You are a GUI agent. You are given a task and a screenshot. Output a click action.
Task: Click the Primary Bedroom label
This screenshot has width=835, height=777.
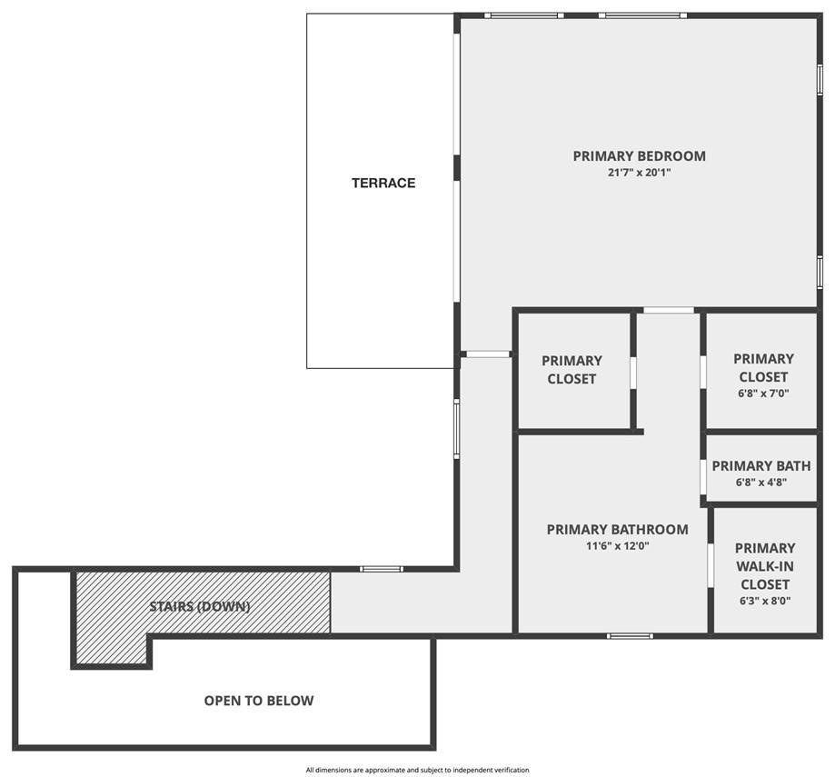(639, 155)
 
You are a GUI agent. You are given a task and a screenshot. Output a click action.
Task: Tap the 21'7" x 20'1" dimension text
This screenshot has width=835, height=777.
(639, 173)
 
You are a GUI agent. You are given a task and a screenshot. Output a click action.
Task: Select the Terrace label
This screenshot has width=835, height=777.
(383, 183)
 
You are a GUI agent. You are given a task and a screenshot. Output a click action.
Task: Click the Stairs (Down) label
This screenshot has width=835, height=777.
(200, 606)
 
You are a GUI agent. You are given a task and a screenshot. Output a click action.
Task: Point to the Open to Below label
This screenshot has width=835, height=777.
(259, 701)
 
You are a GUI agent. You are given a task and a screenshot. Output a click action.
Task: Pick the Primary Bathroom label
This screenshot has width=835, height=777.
(617, 529)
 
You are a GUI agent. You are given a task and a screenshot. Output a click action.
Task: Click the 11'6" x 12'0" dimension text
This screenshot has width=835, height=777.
(617, 546)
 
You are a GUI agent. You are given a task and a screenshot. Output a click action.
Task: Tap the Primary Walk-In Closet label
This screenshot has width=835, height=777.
(764, 565)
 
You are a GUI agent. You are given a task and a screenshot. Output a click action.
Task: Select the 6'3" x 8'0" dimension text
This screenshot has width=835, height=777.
(764, 601)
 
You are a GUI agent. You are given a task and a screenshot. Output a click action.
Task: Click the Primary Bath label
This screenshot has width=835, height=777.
(761, 466)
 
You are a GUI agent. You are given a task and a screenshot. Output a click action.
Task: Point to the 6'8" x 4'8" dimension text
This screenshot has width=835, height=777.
(761, 483)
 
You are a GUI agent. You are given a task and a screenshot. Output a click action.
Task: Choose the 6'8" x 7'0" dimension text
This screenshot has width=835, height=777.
(763, 393)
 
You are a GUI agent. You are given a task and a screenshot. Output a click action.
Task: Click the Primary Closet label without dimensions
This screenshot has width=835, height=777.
(572, 369)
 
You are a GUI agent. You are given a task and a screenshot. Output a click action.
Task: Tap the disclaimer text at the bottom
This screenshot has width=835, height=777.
(417, 770)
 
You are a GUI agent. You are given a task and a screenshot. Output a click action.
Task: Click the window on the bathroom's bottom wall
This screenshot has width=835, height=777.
(630, 635)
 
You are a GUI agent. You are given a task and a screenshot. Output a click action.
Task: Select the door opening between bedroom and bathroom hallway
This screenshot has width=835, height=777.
(669, 311)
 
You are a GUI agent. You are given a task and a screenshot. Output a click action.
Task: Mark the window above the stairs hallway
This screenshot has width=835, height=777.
(382, 569)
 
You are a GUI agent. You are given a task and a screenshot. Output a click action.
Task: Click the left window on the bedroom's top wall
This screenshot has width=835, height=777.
(522, 15)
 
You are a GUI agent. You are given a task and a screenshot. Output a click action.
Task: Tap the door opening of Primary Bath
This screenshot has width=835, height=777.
(703, 477)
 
